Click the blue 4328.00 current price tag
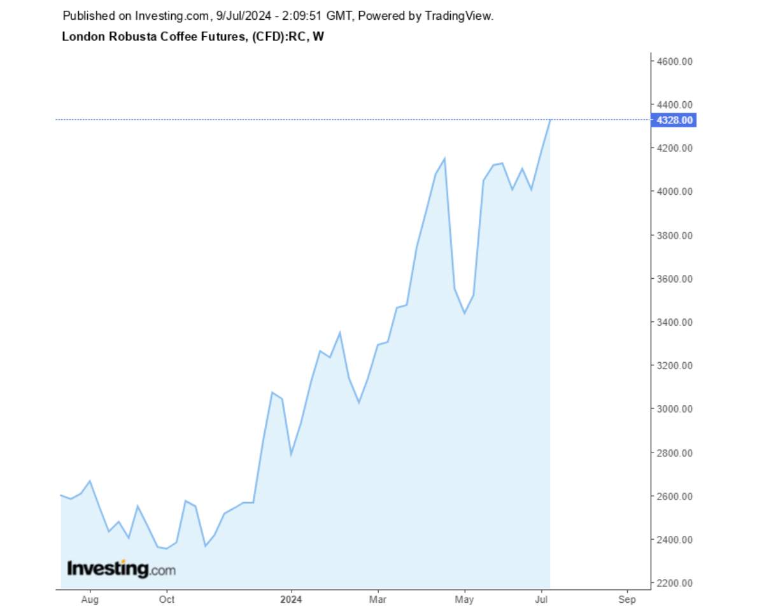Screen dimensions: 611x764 (673, 120)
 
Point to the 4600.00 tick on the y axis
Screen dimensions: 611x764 (674, 61)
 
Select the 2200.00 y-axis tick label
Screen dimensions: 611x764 (674, 583)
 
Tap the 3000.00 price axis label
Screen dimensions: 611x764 (674, 409)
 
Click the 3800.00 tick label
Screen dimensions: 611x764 (674, 235)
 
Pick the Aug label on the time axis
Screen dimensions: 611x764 (90, 599)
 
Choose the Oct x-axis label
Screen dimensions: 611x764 (167, 599)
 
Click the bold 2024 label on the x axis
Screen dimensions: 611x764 (290, 599)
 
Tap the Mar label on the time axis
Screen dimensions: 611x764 (378, 599)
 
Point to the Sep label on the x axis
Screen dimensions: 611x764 (627, 599)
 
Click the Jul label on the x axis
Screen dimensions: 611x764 (542, 599)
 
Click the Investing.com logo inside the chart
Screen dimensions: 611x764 (121, 568)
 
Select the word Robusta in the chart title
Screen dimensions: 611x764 (124, 36)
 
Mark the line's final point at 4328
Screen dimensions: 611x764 (550, 120)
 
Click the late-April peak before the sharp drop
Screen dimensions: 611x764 (444, 158)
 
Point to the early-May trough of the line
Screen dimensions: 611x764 (465, 313)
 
